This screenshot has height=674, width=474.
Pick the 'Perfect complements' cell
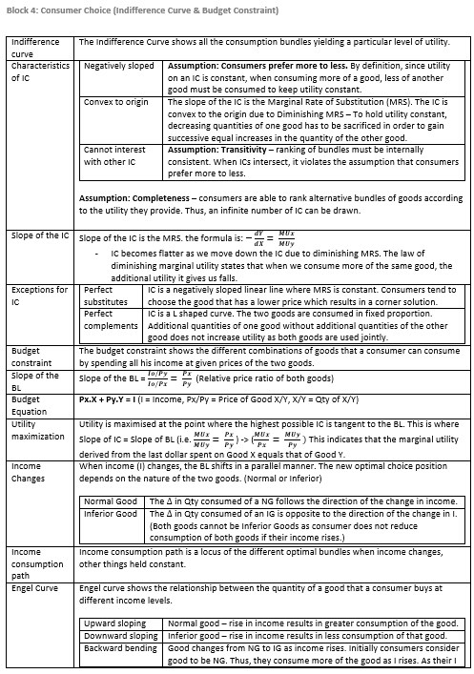pyautogui.click(x=111, y=319)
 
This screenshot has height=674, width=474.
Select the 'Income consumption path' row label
pyautogui.click(x=33, y=563)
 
